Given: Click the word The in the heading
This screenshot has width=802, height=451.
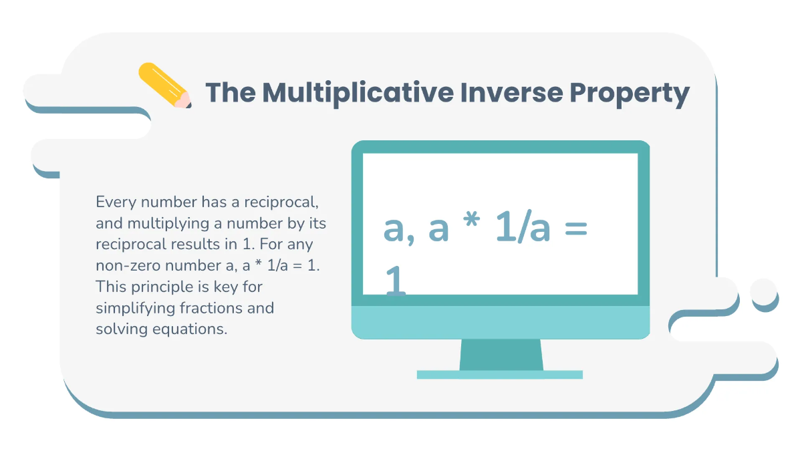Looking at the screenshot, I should coord(230,92).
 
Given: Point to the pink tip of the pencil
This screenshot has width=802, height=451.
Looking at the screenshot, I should coord(182,101).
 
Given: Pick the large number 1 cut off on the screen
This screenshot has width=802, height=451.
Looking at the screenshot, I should coord(395,281).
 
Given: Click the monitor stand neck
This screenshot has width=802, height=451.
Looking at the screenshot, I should coord(501,354).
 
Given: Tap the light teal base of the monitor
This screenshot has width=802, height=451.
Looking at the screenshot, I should coord(500,375).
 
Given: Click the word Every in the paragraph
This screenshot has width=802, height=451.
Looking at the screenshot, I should coord(114,201).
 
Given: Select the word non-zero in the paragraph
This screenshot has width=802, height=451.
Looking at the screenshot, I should coord(128,265).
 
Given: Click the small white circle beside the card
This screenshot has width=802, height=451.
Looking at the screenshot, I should coord(764,291).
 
